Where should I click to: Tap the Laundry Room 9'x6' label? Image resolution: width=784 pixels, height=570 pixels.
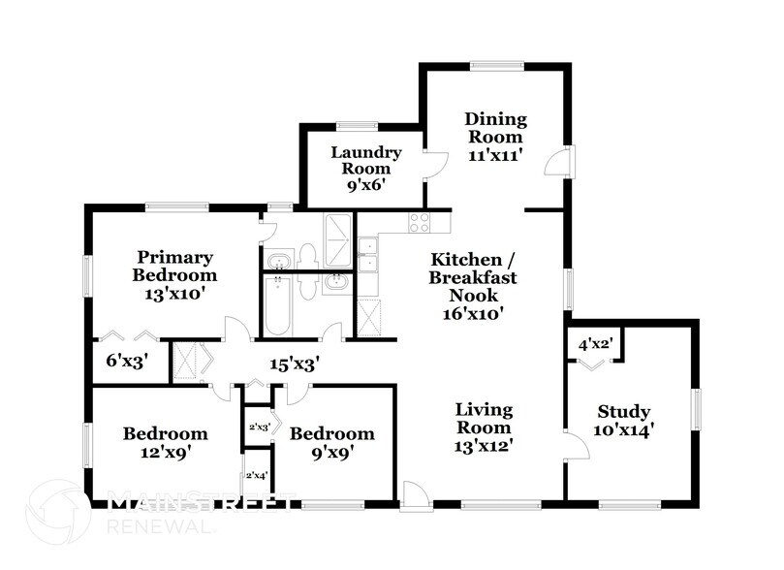pyautogui.click(x=365, y=168)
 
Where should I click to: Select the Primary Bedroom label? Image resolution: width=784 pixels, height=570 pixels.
pyautogui.click(x=173, y=272)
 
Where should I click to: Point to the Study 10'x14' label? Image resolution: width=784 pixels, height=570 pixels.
pyautogui.click(x=622, y=420)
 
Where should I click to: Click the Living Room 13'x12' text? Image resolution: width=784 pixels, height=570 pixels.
pyautogui.click(x=484, y=427)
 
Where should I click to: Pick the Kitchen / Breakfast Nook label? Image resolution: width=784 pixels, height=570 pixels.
pyautogui.click(x=473, y=286)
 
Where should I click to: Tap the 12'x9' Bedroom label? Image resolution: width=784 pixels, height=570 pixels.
pyautogui.click(x=165, y=442)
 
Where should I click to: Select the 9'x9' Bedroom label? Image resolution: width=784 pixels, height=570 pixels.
pyautogui.click(x=331, y=442)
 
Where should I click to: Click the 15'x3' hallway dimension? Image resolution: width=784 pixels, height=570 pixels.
pyautogui.click(x=295, y=364)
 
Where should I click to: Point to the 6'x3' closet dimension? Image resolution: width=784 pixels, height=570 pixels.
pyautogui.click(x=124, y=363)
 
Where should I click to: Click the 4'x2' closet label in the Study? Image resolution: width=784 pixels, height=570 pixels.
pyautogui.click(x=594, y=344)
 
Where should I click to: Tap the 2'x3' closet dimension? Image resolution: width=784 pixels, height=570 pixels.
pyautogui.click(x=258, y=426)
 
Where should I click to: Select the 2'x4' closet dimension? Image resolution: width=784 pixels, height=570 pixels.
pyautogui.click(x=257, y=475)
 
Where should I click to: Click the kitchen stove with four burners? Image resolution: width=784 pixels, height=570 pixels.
pyautogui.click(x=420, y=222)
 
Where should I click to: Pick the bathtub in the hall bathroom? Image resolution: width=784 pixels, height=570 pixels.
pyautogui.click(x=278, y=304)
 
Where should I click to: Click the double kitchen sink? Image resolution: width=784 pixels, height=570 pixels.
pyautogui.click(x=367, y=255)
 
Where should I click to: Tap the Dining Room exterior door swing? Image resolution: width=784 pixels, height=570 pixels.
pyautogui.click(x=558, y=162)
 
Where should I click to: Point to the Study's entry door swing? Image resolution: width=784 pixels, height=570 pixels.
pyautogui.click(x=576, y=446)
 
